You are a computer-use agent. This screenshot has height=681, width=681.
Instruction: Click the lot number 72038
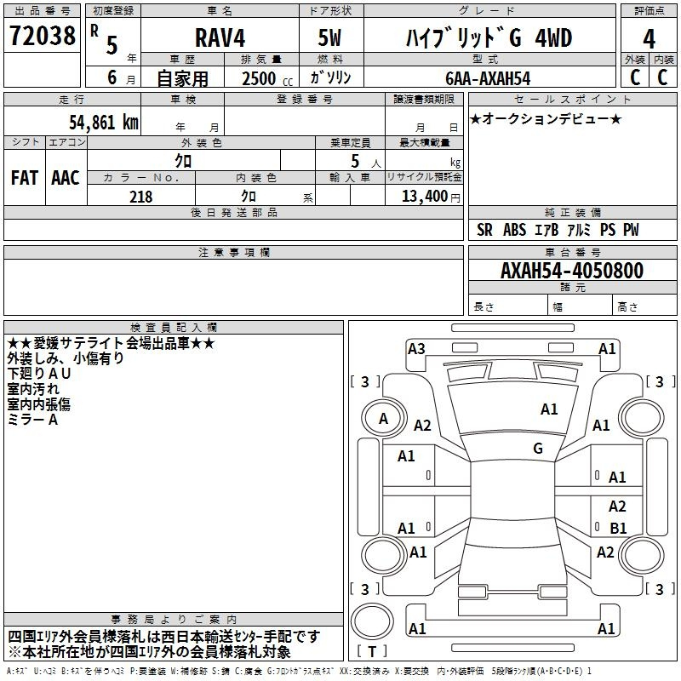(43, 35)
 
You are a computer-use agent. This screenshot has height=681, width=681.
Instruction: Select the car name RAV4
(220, 37)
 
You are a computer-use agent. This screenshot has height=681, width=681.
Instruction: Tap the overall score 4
(649, 38)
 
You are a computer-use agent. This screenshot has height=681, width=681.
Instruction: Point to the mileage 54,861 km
(104, 122)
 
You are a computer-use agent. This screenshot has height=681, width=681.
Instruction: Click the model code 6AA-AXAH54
(488, 78)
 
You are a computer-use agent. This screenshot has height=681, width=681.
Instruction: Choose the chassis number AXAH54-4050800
(572, 270)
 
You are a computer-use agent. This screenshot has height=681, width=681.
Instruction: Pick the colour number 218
(141, 197)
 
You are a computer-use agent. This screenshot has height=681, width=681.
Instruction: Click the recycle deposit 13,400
(424, 196)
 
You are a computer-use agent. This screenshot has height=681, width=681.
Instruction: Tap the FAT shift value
(25, 178)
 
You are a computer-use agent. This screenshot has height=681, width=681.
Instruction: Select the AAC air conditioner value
(66, 178)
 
